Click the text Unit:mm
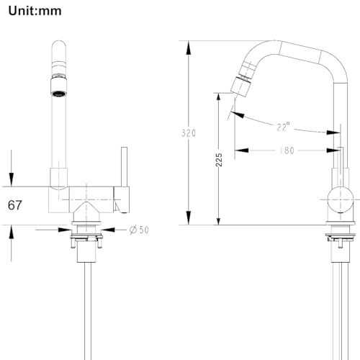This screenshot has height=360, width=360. point(34,10)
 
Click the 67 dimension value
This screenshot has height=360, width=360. point(16,204)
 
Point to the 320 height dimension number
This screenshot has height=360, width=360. point(189,132)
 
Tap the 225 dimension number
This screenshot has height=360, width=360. point(219,160)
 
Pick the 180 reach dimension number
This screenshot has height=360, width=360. point(287,150)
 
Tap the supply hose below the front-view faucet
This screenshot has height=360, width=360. point(88,310)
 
